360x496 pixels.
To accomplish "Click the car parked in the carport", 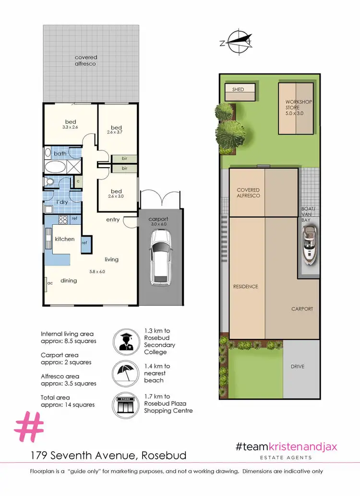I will pyautogui.click(x=160, y=256).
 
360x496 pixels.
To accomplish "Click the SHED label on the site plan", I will pyautogui.click(x=238, y=90).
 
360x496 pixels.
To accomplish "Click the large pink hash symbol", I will pyautogui.click(x=30, y=426).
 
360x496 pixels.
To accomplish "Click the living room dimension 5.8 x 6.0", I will pyautogui.click(x=97, y=272).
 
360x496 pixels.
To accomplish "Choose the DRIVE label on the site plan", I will pyautogui.click(x=297, y=366).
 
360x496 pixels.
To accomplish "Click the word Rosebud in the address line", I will pyautogui.click(x=165, y=455).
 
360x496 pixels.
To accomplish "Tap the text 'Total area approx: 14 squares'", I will pyautogui.click(x=68, y=401).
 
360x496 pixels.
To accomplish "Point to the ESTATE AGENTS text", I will pyautogui.click(x=287, y=457).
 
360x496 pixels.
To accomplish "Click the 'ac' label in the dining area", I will pyautogui.click(x=49, y=283).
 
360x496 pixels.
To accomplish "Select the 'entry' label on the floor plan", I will pyautogui.click(x=113, y=220).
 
